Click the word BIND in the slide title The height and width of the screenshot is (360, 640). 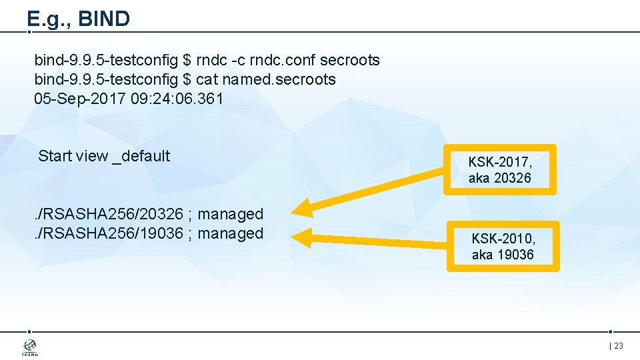pos(104,19)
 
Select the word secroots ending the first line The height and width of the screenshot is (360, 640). pos(350,61)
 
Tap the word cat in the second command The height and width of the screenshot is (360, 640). pos(207,80)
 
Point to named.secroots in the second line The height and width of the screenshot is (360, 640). pos(279,80)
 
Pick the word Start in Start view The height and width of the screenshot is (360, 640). pos(55,156)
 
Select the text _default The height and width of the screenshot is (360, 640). pos(141,157)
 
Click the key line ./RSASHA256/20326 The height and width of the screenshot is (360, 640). pos(109,215)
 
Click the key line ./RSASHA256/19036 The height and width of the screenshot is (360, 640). pos(109,234)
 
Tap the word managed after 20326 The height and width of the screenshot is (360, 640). pos(231,215)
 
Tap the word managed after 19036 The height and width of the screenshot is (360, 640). pos(231,234)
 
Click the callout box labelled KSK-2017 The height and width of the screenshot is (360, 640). pos(500,169)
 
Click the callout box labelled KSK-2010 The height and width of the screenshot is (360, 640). pos(503,246)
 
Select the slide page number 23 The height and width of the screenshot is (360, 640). pos(618,346)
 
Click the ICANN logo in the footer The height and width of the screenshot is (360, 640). pos(30,347)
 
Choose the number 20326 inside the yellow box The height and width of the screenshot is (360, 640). pos(513,179)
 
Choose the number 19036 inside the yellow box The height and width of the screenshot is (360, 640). pos(516,255)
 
